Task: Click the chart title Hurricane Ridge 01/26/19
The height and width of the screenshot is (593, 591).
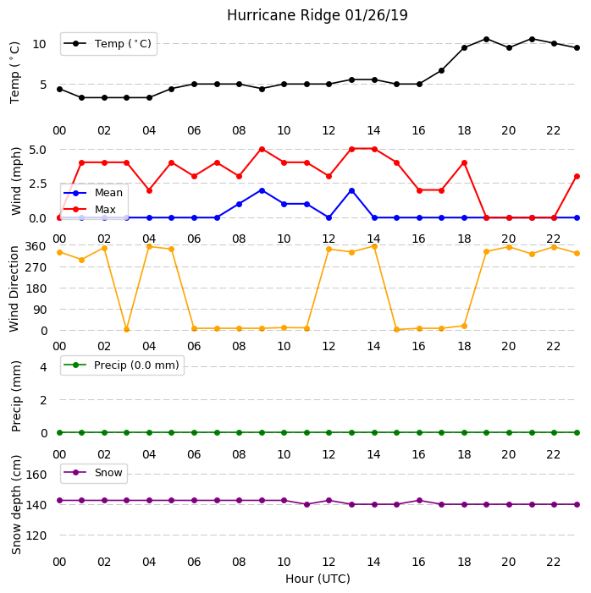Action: [318, 15]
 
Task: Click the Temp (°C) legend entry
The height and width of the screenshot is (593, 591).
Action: [108, 44]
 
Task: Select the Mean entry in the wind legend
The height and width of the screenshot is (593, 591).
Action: [93, 193]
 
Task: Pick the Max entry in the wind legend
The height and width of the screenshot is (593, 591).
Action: [90, 210]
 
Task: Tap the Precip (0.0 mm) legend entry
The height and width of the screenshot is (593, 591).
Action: [122, 365]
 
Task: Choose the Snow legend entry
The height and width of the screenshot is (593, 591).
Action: [93, 473]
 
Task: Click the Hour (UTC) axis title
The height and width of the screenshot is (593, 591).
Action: [318, 579]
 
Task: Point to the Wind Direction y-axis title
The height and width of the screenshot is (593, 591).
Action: [14, 289]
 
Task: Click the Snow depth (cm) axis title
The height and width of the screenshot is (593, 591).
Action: [16, 505]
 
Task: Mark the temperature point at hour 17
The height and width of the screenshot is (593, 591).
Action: [441, 71]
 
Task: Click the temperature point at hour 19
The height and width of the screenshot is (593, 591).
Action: [487, 39]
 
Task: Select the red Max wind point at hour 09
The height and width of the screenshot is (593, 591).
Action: [262, 150]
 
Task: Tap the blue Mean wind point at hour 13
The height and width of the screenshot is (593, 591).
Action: [351, 191]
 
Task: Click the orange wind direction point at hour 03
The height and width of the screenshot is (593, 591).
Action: [127, 330]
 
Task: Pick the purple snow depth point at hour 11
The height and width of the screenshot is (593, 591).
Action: [307, 504]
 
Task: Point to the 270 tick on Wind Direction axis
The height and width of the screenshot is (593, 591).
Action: [36, 268]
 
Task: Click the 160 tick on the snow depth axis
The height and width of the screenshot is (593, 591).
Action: [36, 475]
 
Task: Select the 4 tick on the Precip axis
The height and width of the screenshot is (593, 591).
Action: [44, 367]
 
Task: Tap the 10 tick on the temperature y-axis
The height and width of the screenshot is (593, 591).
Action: [40, 44]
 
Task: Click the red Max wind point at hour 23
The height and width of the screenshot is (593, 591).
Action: [577, 177]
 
